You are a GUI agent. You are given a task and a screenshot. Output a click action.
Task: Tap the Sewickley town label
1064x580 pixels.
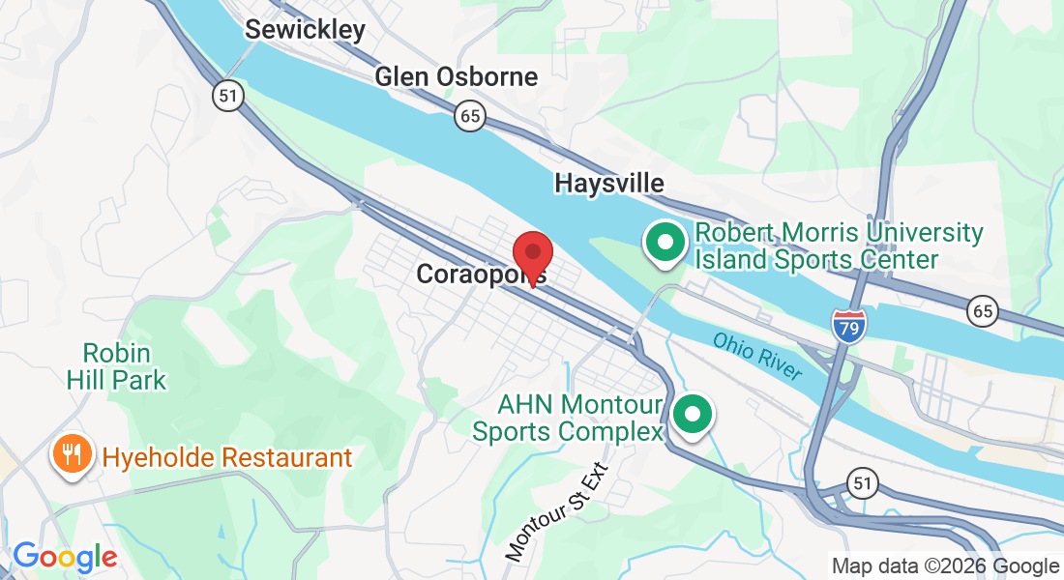click(305, 29)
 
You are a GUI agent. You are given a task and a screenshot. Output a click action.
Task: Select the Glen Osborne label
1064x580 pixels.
click(456, 76)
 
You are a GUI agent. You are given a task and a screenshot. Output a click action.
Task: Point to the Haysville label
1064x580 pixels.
click(609, 183)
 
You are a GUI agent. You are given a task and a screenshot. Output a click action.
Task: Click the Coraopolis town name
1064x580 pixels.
click(481, 275)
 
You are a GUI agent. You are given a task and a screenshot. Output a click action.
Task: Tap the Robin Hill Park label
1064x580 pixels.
click(116, 365)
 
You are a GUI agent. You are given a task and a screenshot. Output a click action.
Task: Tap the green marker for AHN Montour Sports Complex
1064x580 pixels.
click(693, 415)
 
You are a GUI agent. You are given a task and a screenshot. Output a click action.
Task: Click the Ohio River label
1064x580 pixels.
click(757, 356)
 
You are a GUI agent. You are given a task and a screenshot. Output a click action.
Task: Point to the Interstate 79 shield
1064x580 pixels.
click(848, 324)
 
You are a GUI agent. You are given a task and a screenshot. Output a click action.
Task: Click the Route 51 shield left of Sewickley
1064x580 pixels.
click(229, 96)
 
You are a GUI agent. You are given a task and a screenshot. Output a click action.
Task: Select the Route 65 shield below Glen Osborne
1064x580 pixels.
click(469, 117)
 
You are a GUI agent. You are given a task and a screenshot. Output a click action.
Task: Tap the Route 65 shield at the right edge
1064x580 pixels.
click(983, 310)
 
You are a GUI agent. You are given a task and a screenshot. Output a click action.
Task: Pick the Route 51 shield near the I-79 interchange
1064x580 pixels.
click(862, 482)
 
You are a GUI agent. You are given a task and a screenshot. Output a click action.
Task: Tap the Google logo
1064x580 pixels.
click(65, 557)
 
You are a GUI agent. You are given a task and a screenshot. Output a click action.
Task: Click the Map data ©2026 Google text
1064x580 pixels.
click(945, 566)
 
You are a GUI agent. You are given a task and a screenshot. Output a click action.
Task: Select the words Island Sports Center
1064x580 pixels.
click(816, 259)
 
